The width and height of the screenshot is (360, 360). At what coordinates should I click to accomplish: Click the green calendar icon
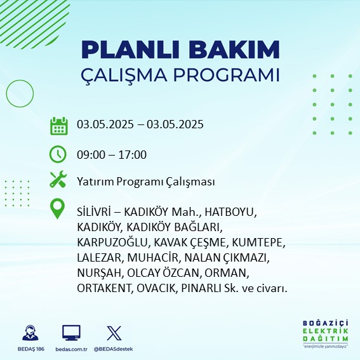click(59, 126)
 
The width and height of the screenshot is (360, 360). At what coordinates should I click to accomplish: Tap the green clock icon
click(58, 154)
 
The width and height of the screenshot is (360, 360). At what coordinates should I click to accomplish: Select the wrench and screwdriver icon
click(58, 179)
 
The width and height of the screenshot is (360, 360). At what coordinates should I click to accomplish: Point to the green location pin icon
click(57, 208)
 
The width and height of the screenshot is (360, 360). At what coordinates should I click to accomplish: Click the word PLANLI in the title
click(130, 50)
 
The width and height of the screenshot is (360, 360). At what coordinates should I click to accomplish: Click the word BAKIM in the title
click(234, 50)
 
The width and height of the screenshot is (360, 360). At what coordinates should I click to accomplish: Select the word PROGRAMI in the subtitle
click(227, 75)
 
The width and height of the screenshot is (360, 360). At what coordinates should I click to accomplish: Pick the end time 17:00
click(132, 154)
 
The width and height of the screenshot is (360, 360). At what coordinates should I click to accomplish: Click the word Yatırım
click(95, 182)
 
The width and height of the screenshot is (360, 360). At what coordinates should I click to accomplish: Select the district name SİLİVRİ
click(94, 211)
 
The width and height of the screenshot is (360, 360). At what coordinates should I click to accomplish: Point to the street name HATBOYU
click(230, 212)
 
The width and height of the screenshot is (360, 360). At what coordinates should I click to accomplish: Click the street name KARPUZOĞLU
click(113, 243)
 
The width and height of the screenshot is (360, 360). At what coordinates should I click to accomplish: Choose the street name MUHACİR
click(152, 258)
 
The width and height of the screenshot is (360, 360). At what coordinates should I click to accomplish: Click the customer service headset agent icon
click(30, 333)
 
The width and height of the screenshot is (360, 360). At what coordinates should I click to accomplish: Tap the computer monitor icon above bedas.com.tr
click(71, 333)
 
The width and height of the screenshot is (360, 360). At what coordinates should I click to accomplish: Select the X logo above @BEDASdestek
click(114, 333)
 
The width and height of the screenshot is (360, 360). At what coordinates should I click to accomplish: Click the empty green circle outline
click(20, 80)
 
